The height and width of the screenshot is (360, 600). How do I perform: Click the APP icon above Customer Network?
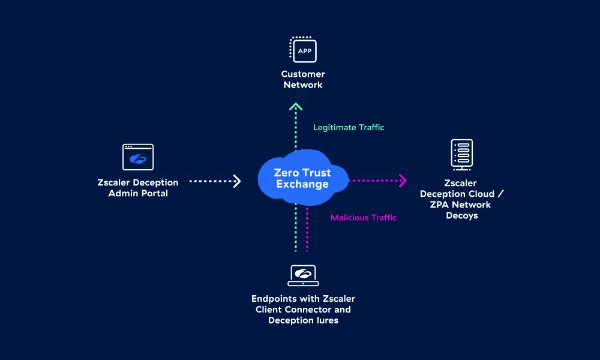pos(303,49)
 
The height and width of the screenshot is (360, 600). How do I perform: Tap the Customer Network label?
pos(303,80)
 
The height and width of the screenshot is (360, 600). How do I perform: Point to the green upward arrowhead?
pos(296,106)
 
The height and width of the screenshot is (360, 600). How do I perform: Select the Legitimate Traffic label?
pos(349,127)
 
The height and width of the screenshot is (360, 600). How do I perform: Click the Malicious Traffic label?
pos(364,218)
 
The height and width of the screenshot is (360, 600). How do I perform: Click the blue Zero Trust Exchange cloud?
pos(302,178)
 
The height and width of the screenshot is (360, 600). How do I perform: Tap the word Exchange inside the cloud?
pos(302,184)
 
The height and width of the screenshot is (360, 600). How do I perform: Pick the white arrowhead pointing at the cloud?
pos(237,181)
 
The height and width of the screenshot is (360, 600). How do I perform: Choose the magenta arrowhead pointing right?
pos(403,181)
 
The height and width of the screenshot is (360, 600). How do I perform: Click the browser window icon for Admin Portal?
pos(138,157)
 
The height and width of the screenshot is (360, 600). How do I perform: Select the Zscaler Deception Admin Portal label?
pos(138,188)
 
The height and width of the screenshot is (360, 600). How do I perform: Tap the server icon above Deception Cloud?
pos(462,155)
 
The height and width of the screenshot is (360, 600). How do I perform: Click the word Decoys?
pos(462,216)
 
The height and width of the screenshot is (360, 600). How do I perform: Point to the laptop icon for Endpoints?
pos(303,275)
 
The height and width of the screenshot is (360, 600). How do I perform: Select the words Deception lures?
pos(303,320)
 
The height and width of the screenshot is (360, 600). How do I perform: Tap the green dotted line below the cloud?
pos(296,227)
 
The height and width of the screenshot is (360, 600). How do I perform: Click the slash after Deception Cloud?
pos(500,194)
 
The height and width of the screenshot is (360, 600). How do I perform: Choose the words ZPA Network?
pos(460,205)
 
